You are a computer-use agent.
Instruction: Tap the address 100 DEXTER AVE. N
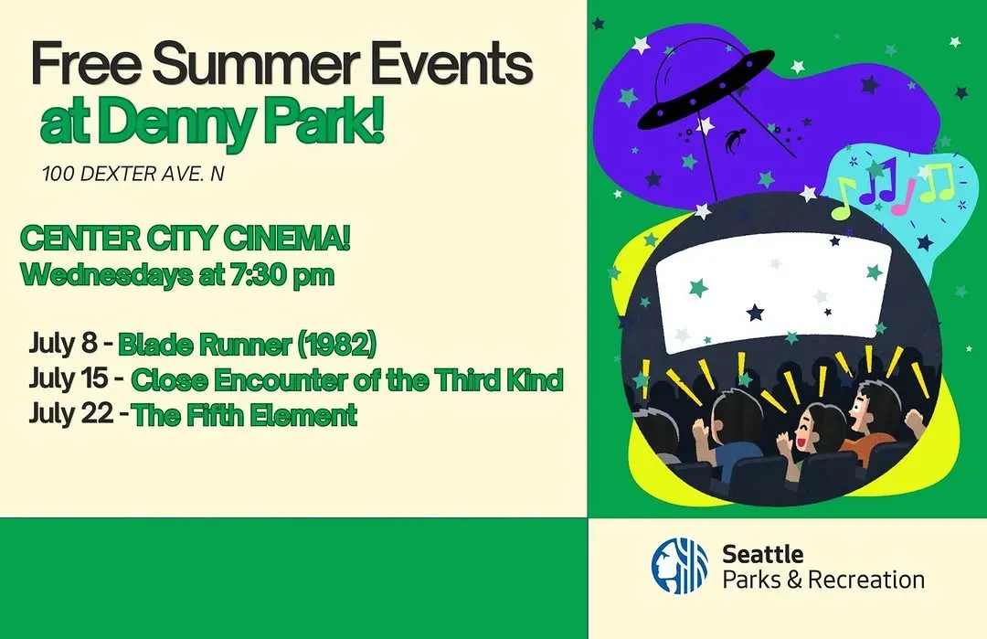tap(133, 174)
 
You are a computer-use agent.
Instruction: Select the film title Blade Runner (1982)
tap(248, 345)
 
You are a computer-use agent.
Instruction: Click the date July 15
tap(68, 378)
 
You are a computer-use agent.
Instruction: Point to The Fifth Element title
tap(245, 416)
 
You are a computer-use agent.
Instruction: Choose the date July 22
tap(71, 413)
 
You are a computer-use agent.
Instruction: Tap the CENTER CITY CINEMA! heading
tap(185, 239)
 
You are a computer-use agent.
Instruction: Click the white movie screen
tap(774, 291)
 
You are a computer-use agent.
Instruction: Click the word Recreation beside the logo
tap(865, 580)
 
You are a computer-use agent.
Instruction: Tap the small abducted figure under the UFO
tap(733, 140)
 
